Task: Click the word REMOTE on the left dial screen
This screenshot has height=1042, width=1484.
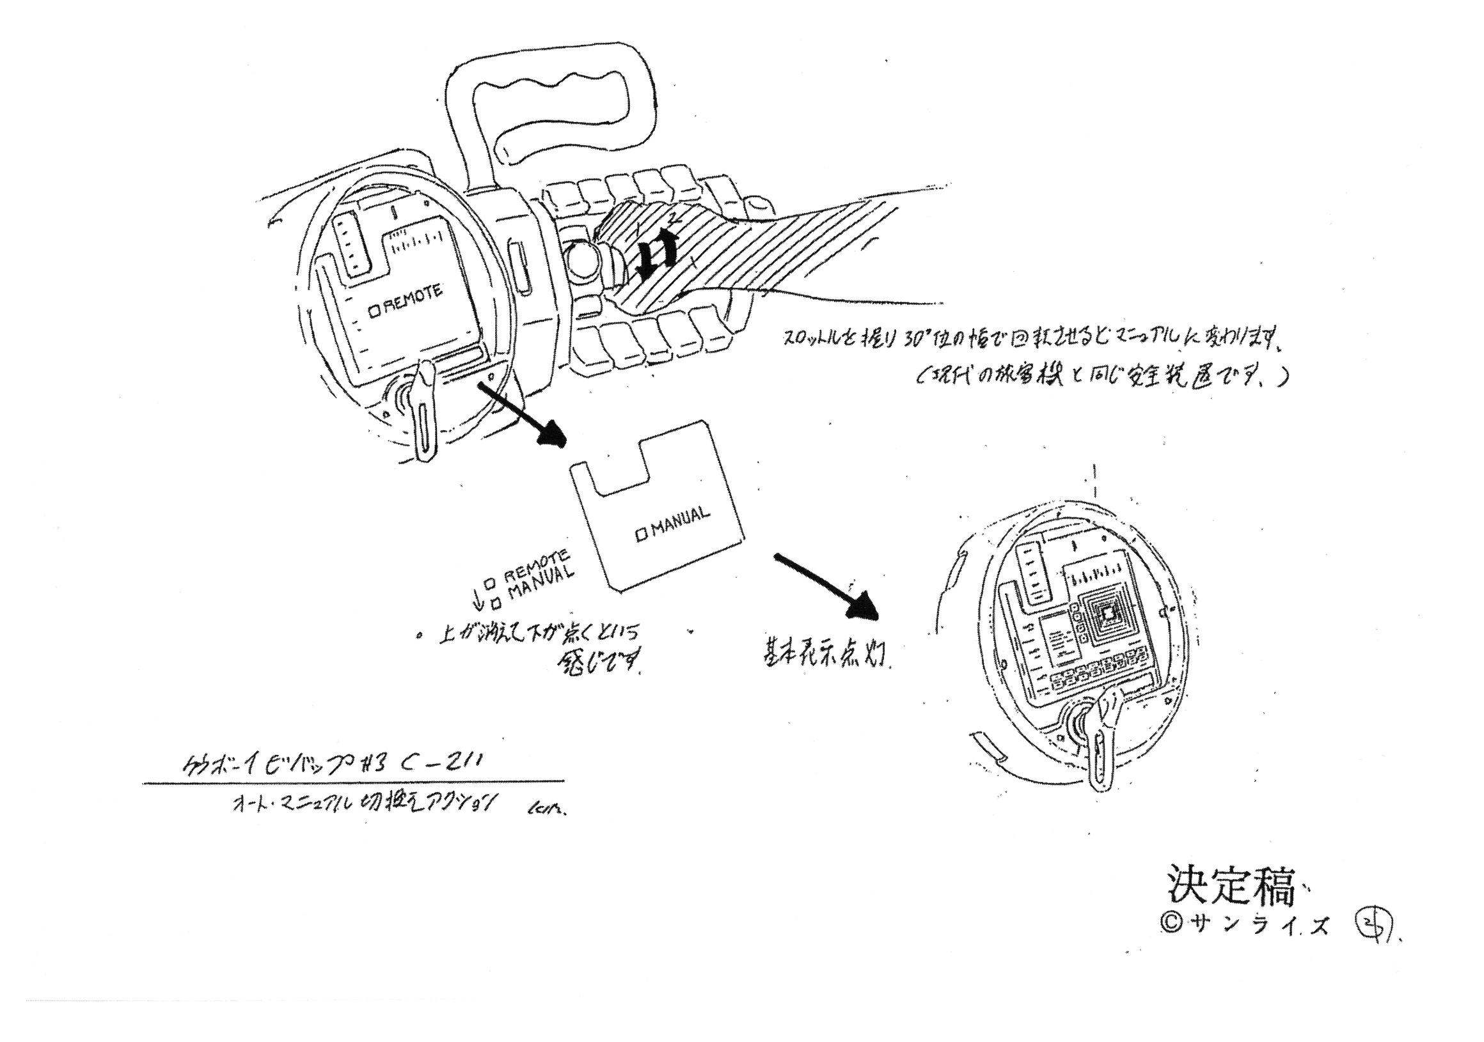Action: tap(413, 300)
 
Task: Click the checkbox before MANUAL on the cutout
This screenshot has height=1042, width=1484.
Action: tap(641, 535)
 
